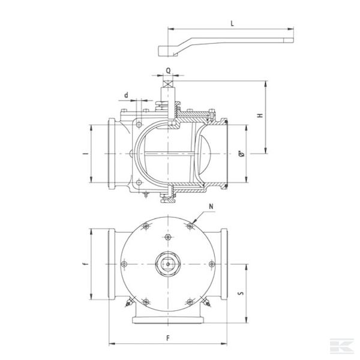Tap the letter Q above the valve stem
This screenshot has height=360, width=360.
[x=169, y=70]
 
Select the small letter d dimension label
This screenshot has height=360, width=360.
[x=126, y=94]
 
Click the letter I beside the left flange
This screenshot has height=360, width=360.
[x=84, y=154]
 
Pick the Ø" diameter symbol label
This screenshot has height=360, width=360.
[x=241, y=154]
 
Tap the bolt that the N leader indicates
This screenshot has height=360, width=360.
[x=190, y=225]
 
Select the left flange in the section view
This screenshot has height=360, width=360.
[x=112, y=154]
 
